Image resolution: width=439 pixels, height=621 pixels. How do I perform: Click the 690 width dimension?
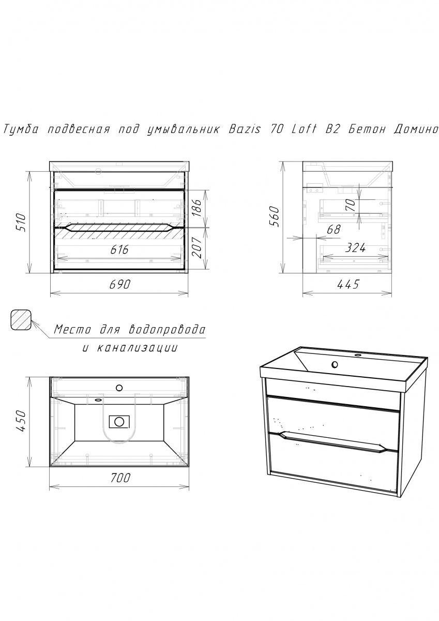[x=119, y=284]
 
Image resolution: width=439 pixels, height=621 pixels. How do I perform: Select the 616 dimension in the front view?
[x=119, y=250]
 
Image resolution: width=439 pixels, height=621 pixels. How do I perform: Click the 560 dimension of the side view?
[x=274, y=216]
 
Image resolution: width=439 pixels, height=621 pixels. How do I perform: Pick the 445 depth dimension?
[x=348, y=284]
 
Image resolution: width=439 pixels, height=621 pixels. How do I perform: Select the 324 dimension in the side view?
[x=355, y=247]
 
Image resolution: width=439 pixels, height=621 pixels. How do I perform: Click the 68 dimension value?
[x=333, y=230]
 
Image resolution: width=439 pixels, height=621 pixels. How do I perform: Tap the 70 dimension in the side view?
[x=351, y=205]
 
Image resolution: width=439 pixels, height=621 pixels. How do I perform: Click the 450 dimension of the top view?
[x=22, y=421]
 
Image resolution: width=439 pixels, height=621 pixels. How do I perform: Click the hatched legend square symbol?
[x=21, y=320]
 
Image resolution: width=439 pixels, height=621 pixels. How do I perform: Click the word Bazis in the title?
[x=245, y=129]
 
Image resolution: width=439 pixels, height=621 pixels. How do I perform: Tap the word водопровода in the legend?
[x=168, y=330]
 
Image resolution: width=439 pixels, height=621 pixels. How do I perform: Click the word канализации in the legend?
[x=137, y=348]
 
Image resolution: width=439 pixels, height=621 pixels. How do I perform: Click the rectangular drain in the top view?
[x=119, y=421]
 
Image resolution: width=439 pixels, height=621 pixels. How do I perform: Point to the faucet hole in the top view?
[x=119, y=388]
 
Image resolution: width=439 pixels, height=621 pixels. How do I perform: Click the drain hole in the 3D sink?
[x=335, y=364]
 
